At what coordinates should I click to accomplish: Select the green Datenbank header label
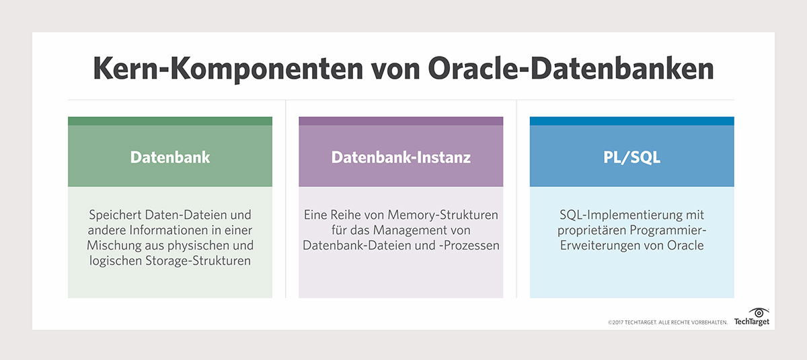(x=170, y=157)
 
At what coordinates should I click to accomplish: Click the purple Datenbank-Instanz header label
(x=401, y=157)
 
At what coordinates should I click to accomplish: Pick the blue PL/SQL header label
(x=631, y=157)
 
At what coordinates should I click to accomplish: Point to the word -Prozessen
(x=468, y=246)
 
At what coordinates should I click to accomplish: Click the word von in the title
(x=399, y=70)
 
